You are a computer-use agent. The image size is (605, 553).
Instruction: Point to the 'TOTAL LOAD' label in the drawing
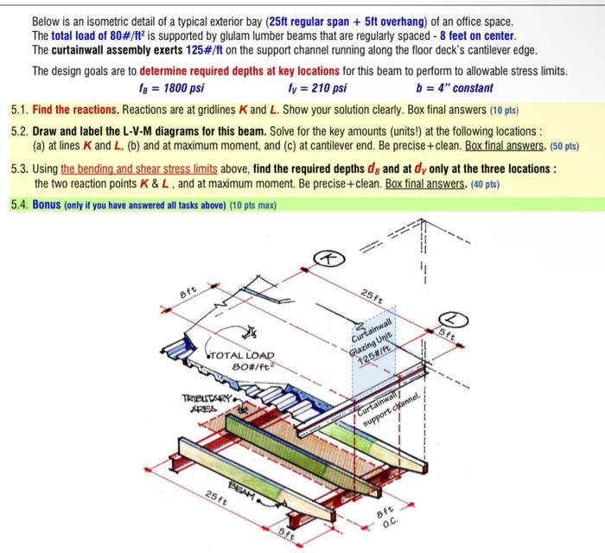(x=241, y=355)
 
